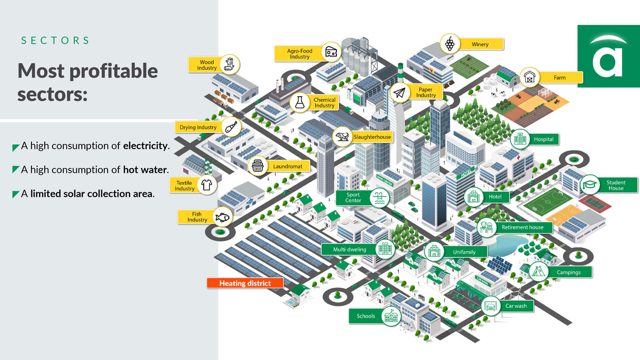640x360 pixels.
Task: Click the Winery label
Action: click(480, 44)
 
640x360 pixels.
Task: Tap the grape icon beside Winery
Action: click(450, 44)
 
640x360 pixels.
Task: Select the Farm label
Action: click(560, 78)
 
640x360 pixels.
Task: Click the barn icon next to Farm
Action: click(529, 78)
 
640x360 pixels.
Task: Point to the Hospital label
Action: click(543, 139)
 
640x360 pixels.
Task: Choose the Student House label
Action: click(615, 185)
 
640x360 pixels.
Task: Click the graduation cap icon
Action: click(590, 185)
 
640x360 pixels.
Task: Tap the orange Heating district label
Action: click(245, 283)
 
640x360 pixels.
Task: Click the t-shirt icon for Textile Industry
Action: click(207, 185)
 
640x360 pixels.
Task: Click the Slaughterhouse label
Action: click(372, 137)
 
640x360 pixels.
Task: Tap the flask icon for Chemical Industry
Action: click(300, 102)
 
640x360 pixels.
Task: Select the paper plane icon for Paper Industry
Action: click(399, 93)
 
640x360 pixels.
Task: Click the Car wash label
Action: click(515, 306)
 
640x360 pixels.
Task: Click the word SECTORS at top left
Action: click(55, 40)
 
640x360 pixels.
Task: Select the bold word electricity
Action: click(145, 146)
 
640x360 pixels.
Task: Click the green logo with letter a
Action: click(608, 56)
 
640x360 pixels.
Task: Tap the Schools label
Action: click(366, 316)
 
